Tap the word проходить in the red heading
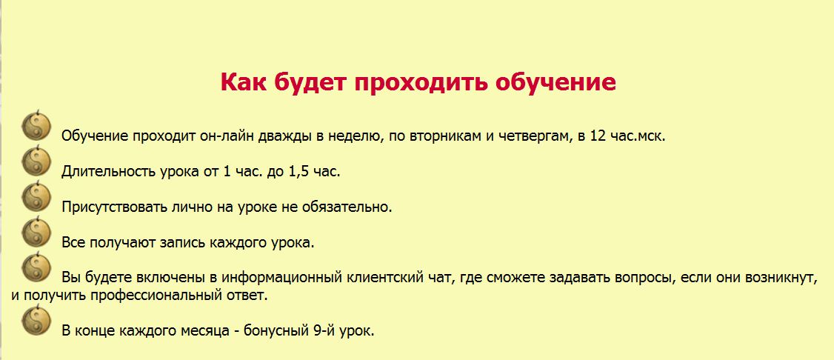[414, 81]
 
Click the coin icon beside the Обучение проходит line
[36, 125]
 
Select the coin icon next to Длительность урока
[36, 161]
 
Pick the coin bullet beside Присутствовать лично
[36, 196]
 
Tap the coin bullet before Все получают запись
[36, 232]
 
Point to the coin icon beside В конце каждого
[36, 320]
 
